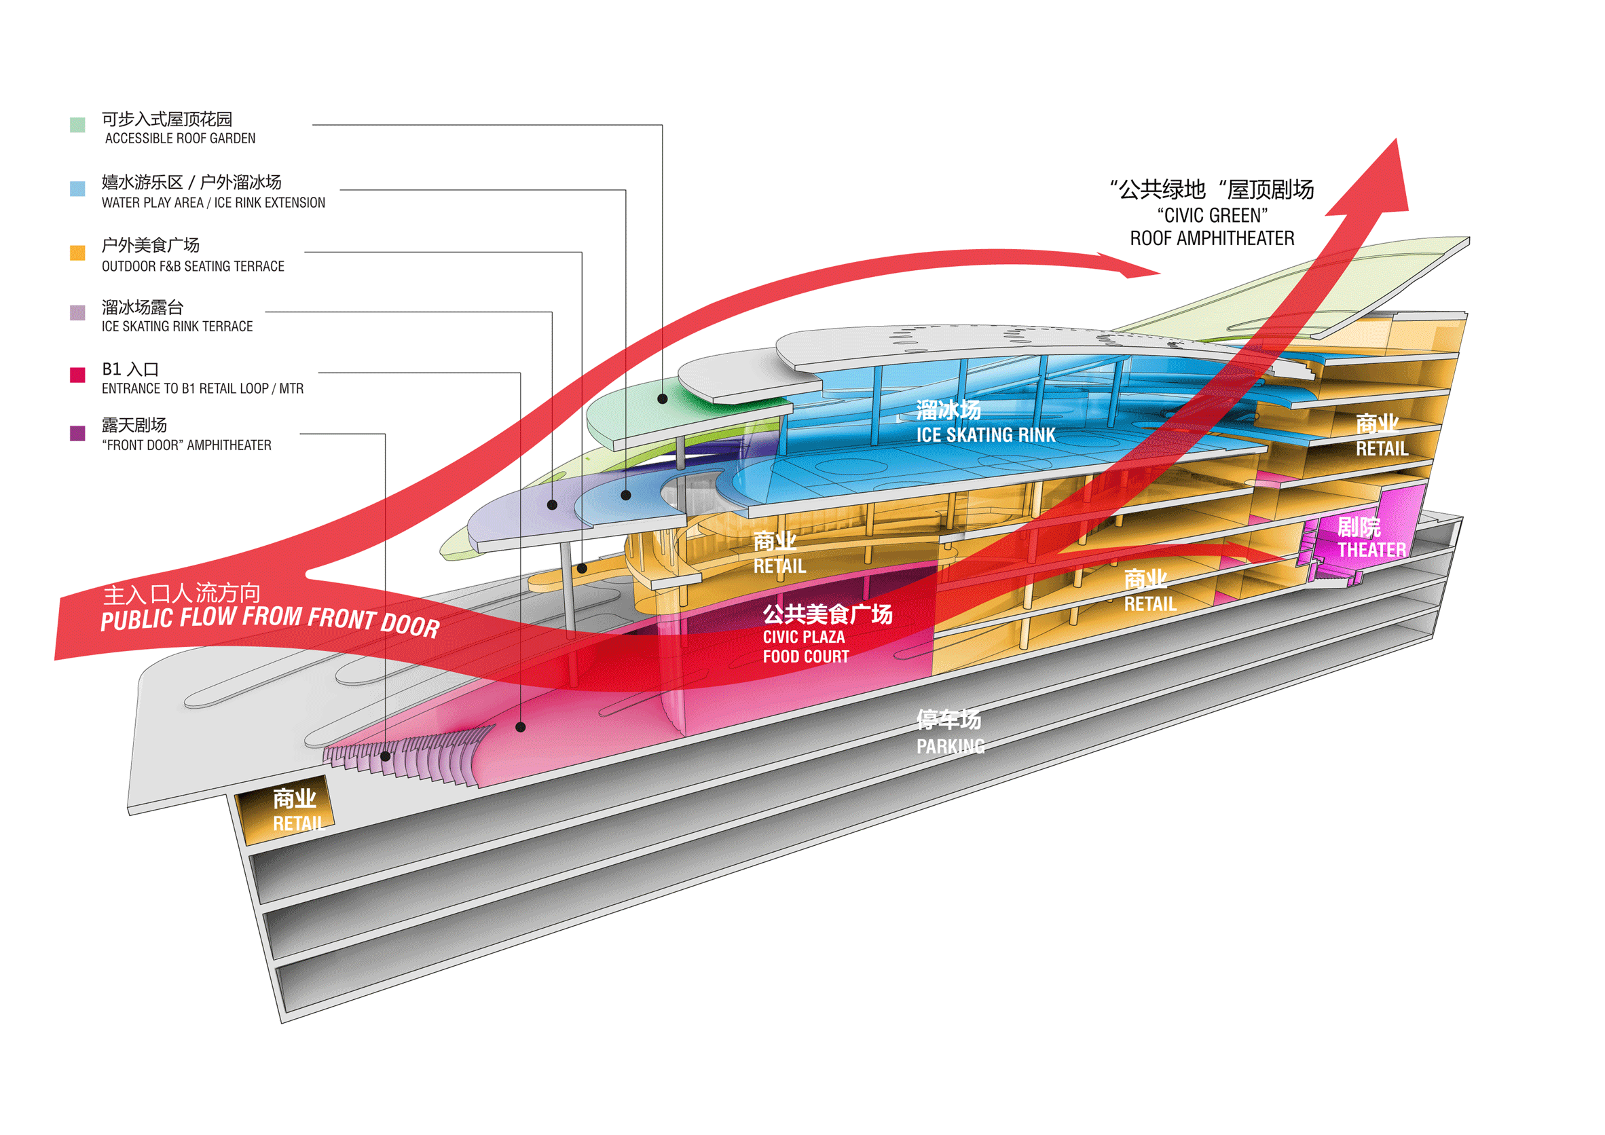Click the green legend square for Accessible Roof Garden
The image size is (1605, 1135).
click(77, 124)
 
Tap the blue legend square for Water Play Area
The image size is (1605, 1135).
click(77, 188)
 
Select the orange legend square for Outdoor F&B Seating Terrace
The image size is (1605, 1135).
click(77, 253)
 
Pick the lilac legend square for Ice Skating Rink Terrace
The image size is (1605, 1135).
click(77, 312)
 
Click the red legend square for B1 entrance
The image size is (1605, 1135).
click(77, 375)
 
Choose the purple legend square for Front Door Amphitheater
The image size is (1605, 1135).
click(77, 433)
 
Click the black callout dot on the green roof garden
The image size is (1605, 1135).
click(662, 399)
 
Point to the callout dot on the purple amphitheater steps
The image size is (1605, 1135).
click(385, 756)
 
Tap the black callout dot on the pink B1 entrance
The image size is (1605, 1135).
click(520, 727)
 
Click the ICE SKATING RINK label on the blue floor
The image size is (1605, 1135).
click(986, 434)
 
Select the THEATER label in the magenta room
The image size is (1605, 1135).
click(1371, 550)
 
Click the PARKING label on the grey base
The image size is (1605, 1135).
click(951, 747)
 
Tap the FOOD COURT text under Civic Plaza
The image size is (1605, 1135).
click(806, 656)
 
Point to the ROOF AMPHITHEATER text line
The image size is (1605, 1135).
click(1212, 238)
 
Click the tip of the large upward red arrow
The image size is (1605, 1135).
click(1396, 140)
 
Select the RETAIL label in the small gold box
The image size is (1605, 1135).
click(299, 823)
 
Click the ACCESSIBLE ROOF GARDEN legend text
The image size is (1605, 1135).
click(181, 138)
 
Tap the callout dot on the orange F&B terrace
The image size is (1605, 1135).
click(582, 568)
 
